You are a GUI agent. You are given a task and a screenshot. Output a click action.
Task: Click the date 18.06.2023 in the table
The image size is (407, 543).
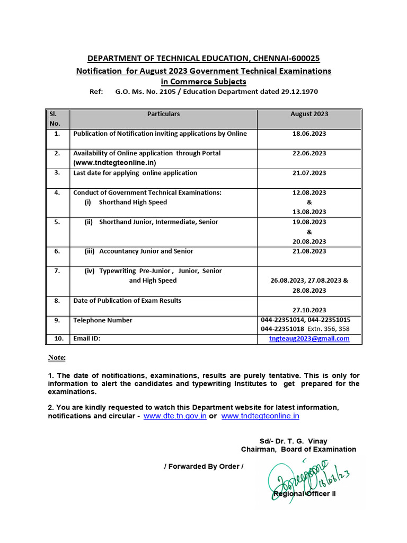coord(309,134)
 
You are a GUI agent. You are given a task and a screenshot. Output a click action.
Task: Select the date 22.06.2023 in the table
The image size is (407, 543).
coord(309,153)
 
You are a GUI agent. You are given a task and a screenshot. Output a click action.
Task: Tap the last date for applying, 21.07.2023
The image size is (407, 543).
coord(309,173)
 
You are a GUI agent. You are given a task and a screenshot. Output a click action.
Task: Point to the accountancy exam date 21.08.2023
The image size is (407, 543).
coord(309,251)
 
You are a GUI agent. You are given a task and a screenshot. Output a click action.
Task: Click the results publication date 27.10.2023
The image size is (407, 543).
coord(309,310)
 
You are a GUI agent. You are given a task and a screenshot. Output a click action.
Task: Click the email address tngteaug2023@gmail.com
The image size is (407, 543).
coord(309,338)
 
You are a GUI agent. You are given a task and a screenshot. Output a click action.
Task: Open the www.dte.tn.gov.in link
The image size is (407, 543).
coord(175,416)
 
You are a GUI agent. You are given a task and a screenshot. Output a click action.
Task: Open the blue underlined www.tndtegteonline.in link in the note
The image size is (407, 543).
coord(260,416)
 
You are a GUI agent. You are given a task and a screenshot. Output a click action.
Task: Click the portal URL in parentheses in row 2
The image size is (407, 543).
coord(115,163)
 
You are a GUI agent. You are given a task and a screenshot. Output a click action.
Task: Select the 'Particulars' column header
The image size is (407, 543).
coord(163,114)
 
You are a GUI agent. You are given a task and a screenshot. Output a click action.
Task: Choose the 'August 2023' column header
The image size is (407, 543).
coord(309,114)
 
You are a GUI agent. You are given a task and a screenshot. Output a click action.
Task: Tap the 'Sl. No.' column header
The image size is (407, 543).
coord(55,118)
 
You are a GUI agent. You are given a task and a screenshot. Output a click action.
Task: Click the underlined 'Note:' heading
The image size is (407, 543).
coord(57,358)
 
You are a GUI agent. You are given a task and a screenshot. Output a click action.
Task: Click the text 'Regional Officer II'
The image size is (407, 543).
coord(304,494)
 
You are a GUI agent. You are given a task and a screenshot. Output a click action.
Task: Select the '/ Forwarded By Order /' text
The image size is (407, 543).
coord(204,467)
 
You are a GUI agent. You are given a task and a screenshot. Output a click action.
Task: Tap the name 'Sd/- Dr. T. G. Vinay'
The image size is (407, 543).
coord(293,441)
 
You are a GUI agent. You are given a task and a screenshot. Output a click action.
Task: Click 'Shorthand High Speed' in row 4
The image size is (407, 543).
coord(132,202)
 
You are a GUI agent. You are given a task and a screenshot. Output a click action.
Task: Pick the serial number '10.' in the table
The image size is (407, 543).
coord(57,338)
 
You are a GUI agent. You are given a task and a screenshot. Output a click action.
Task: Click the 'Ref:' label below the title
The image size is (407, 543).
coord(96,92)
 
